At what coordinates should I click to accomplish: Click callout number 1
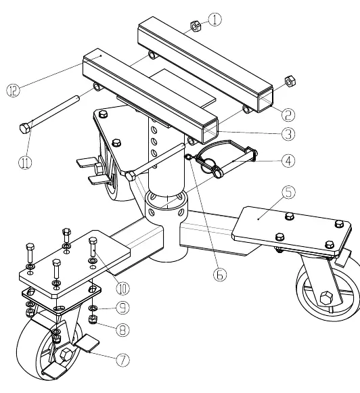[x=215, y=20]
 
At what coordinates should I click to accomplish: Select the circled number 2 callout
[x=288, y=115]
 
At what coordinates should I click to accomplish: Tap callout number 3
[x=288, y=134]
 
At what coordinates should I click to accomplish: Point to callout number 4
[x=288, y=161]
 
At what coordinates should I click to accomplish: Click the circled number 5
[x=288, y=192]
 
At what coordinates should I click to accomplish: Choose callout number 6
[x=220, y=275]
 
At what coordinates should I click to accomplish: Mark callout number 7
[x=123, y=360]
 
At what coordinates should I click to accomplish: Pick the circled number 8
[x=123, y=330]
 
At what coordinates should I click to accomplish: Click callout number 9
[x=123, y=308]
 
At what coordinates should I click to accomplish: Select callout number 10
[x=123, y=288]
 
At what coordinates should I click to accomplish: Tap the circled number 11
[x=25, y=162]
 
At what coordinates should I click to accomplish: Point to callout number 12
[x=13, y=90]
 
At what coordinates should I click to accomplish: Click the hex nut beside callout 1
[x=196, y=26]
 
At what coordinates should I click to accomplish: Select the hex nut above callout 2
[x=290, y=81]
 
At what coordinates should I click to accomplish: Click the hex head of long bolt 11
[x=25, y=129]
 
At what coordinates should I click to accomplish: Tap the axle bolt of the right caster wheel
[x=326, y=298]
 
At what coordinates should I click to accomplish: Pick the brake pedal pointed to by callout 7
[x=87, y=342]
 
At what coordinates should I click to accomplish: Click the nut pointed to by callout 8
[x=93, y=319]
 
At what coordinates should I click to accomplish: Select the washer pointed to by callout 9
[x=93, y=308]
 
